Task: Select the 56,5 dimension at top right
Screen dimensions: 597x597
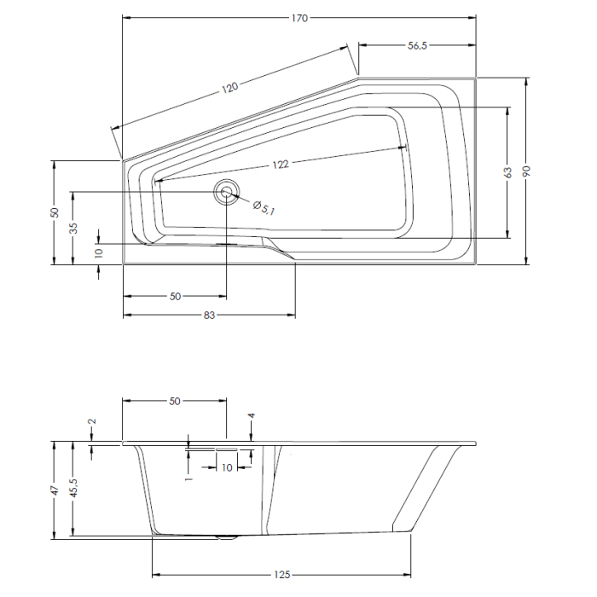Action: tap(417, 46)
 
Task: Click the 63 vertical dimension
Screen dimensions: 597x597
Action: tap(508, 172)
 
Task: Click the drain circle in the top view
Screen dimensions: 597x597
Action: tap(226, 192)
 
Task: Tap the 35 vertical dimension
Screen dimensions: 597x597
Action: tap(74, 228)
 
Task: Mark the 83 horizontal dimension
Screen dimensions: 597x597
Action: tap(209, 316)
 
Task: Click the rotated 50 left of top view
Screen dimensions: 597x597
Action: tap(54, 212)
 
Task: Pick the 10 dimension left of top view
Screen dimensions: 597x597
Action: tap(99, 252)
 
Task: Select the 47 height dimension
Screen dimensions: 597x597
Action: tap(54, 490)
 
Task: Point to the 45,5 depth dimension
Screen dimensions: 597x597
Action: tap(74, 490)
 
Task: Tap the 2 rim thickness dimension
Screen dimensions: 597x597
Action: tap(92, 421)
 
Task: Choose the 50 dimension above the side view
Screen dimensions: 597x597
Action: tap(175, 400)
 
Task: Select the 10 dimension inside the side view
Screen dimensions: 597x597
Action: tap(226, 467)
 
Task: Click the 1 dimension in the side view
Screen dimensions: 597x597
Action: tap(189, 478)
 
